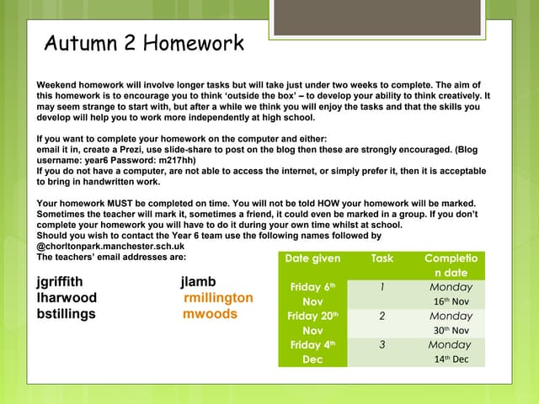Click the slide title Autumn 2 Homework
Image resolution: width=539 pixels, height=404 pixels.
click(x=144, y=43)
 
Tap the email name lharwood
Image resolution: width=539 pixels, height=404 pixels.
click(x=67, y=298)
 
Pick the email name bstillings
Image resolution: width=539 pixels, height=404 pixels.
click(x=67, y=314)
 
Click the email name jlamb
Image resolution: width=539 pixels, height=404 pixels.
click(x=199, y=281)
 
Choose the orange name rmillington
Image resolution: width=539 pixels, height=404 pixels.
click(x=217, y=298)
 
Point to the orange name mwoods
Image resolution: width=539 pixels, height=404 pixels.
click(x=210, y=314)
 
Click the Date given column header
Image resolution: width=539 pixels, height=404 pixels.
click(x=312, y=258)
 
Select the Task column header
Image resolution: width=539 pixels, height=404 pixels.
click(x=382, y=258)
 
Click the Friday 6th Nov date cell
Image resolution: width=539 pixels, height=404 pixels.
click(x=312, y=294)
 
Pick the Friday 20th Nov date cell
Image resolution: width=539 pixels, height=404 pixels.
click(x=312, y=323)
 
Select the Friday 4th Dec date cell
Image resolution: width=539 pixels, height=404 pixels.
click(x=312, y=352)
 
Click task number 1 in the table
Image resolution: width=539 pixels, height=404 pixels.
click(x=382, y=287)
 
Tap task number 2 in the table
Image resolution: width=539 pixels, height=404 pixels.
click(x=382, y=316)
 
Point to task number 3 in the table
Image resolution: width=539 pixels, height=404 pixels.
click(x=382, y=345)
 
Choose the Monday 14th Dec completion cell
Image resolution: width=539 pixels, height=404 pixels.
click(x=451, y=352)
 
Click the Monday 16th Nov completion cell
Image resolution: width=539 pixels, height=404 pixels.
click(x=451, y=294)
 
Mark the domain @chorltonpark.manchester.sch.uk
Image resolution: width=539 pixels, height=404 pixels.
click(x=111, y=247)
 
